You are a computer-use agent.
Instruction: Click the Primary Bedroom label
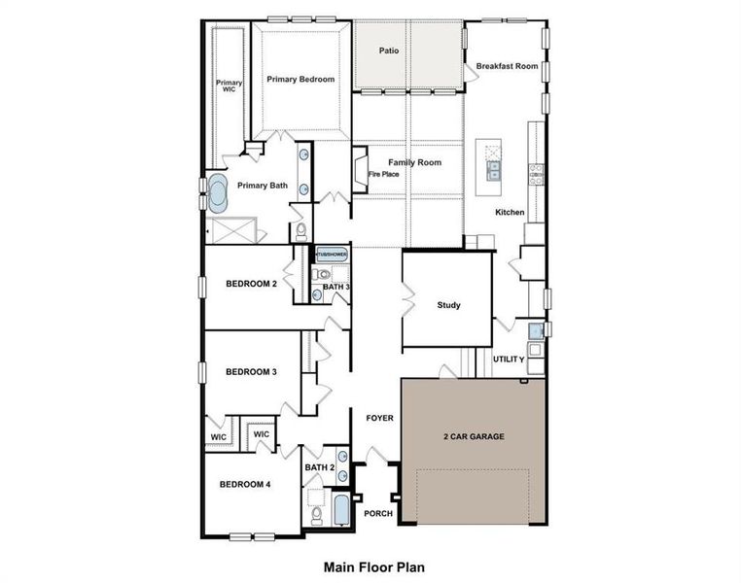pos(300,80)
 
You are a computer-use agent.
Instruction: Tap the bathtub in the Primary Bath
pos(218,193)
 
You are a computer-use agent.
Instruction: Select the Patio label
pos(389,51)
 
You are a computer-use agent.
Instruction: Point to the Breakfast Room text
pos(507,66)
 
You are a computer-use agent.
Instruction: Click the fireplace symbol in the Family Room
pos(360,169)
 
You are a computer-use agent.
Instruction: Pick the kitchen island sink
pos(493,170)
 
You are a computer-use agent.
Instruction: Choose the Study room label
pos(448,305)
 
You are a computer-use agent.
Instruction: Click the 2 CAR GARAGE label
pos(474,436)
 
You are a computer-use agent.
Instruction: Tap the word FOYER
pos(379,418)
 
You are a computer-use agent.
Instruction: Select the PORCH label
pos(378,513)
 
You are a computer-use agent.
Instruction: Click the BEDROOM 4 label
pos(245,484)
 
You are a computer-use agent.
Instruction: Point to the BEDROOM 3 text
pos(251,372)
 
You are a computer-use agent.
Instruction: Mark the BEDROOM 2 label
pos(252,284)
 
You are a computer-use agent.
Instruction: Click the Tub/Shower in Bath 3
pos(332,255)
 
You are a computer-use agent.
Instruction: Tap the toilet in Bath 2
pos(316,516)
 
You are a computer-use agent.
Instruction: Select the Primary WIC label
pos(229,86)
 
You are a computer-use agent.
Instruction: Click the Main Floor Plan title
pos(373,566)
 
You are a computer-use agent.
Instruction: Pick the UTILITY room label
pos(509,360)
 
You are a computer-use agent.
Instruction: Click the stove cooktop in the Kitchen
pos(537,174)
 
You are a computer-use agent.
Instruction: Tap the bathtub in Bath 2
pos(340,510)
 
